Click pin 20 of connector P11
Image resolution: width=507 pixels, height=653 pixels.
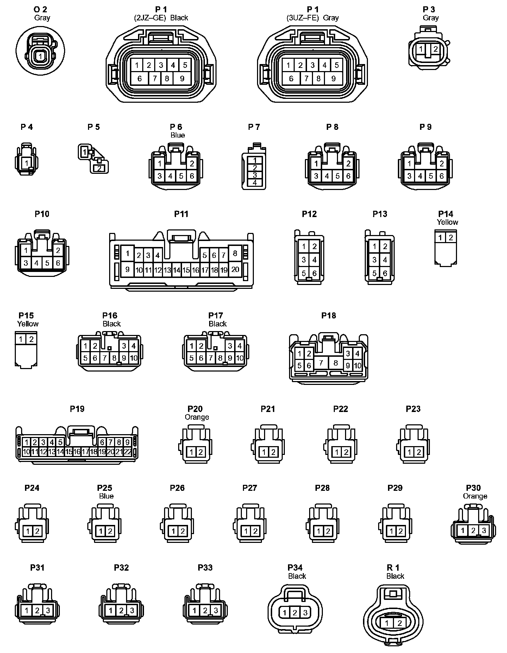[x=235, y=269]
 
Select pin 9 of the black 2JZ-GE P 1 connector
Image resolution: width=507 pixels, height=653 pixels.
[x=182, y=78]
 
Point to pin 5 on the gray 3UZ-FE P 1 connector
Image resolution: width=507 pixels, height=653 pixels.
[x=337, y=65]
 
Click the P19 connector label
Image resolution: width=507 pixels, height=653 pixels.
[x=77, y=408]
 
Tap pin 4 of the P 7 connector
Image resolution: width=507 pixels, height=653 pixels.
[x=255, y=182]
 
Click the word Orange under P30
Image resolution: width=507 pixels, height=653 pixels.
[x=475, y=496]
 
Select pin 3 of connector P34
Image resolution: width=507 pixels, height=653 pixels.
[x=305, y=613]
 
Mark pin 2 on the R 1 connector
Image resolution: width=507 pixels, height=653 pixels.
[x=399, y=623]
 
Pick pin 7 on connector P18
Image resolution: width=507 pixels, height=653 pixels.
[x=321, y=363]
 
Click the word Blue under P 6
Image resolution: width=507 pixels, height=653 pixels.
[x=177, y=135]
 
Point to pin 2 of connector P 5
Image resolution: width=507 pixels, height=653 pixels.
[x=99, y=168]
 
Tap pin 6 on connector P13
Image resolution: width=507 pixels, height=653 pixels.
[x=385, y=273]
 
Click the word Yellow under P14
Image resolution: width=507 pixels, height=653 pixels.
[x=447, y=222]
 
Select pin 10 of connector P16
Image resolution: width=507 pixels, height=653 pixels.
[x=133, y=358]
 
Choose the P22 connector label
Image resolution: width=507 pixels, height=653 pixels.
[x=340, y=408]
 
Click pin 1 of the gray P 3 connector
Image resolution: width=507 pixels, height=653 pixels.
[x=421, y=49]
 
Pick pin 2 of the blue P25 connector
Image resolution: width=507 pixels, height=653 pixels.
[x=110, y=531]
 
